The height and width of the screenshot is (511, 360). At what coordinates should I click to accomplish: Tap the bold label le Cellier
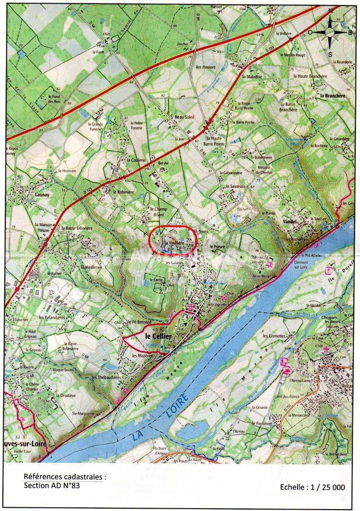tap(158, 335)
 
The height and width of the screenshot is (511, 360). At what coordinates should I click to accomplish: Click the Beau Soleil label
tap(184, 117)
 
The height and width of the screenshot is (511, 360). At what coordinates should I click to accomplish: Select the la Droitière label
tap(66, 395)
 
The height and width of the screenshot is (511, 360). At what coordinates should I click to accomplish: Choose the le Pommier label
tap(263, 423)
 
